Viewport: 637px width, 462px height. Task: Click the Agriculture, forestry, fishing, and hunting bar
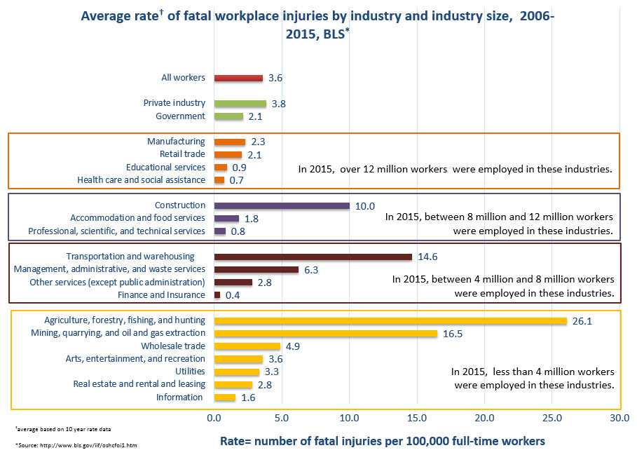coord(390,320)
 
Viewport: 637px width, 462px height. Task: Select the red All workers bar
coord(238,78)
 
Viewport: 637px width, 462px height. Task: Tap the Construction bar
coord(282,205)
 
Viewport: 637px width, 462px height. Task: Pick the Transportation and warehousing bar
coord(313,257)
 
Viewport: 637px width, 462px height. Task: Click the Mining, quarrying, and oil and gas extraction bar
coord(325,333)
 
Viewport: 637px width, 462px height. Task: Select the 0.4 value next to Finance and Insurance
coord(233,295)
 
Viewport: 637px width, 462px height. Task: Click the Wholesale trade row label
coord(173,346)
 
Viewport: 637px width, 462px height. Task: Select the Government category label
coord(180,116)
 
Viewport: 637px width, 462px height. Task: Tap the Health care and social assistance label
coord(141,180)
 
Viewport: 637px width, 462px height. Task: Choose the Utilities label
coord(190,372)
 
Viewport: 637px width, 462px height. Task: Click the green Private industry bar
coord(240,103)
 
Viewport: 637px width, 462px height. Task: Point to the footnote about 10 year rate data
coord(62,428)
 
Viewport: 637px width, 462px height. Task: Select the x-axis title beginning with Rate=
coord(382,441)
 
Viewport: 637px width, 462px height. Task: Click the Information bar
coord(224,398)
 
